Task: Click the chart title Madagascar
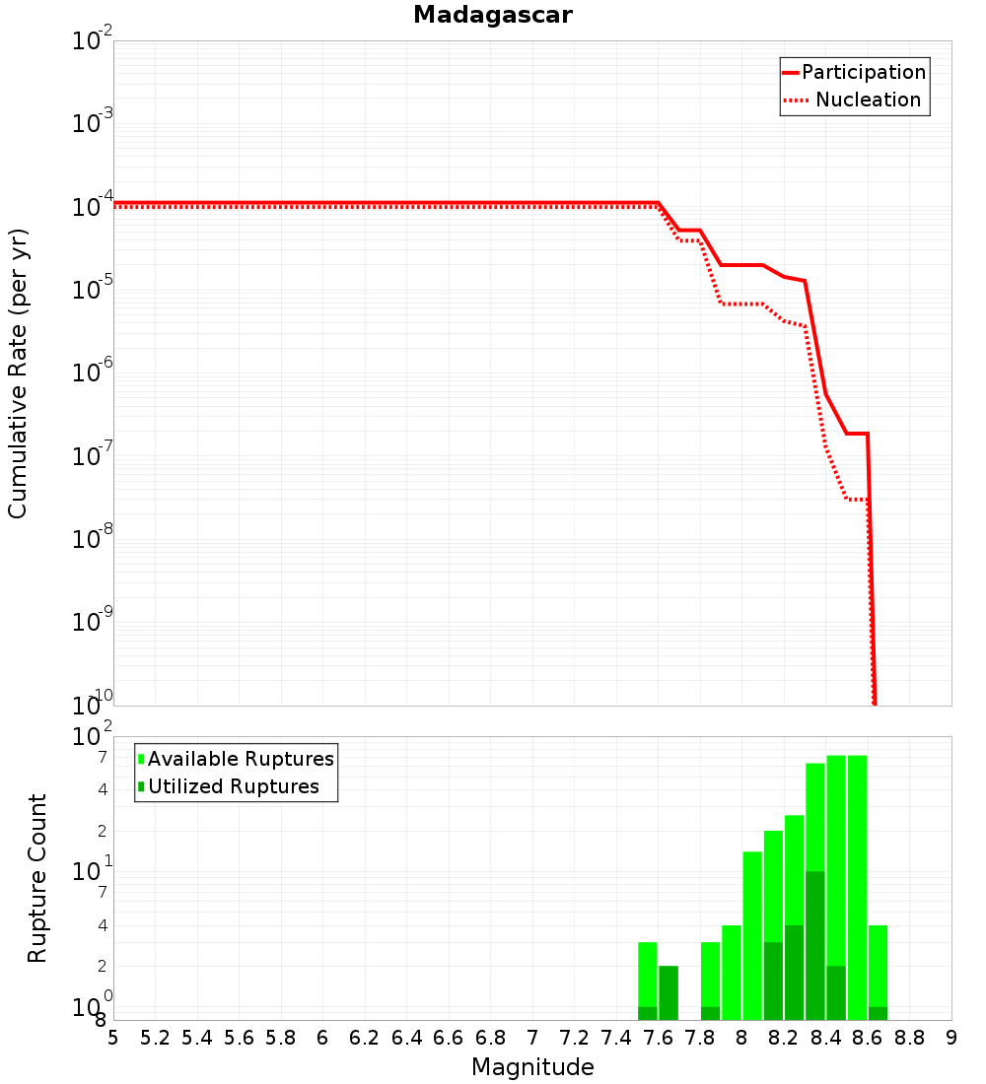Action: coord(492,15)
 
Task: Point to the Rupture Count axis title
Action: coord(37,878)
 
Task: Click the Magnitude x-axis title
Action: coord(532,1067)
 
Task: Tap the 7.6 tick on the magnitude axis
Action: coord(658,1038)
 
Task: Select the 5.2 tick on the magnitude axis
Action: coord(155,1038)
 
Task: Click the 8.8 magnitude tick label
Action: coord(909,1038)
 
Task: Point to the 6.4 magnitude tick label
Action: coord(406,1038)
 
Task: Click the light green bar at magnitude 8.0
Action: coord(752,936)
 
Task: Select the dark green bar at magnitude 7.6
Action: coord(669,993)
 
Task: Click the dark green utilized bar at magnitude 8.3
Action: coord(815,946)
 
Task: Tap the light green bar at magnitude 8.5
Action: coord(857,887)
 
